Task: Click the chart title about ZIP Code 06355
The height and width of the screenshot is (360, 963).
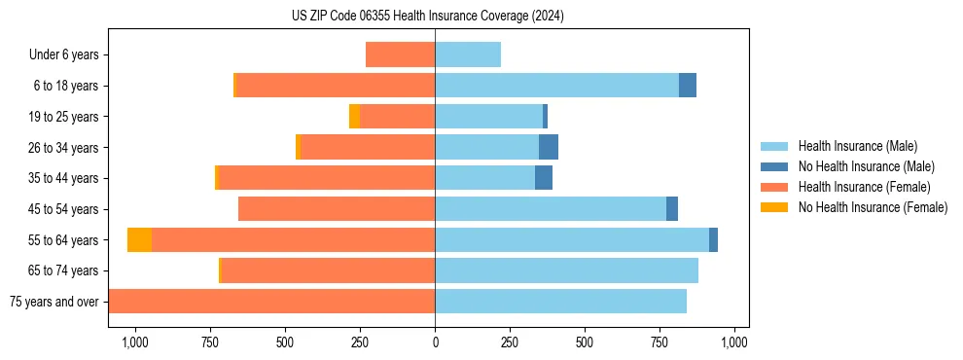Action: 427,17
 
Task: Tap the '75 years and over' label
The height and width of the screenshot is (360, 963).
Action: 53,302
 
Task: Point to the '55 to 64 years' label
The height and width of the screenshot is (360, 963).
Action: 64,240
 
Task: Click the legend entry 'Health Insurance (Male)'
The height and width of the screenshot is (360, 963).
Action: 857,146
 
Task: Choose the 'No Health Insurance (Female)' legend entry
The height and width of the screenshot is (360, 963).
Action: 873,207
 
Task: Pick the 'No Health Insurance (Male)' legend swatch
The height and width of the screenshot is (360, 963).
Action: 774,166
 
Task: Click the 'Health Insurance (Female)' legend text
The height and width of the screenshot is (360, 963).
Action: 864,187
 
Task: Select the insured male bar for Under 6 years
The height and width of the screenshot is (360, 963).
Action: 468,54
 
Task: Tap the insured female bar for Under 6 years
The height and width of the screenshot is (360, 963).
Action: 400,54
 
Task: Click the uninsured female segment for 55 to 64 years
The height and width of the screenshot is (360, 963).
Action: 139,239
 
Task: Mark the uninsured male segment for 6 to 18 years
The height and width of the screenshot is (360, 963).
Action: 688,86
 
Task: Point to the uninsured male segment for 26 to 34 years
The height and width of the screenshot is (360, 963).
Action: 549,147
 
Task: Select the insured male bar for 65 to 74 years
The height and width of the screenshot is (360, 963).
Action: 566,270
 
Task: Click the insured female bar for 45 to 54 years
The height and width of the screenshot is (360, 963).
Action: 337,209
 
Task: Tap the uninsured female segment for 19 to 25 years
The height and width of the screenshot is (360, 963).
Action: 354,117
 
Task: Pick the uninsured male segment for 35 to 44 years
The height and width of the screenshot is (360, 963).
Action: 544,178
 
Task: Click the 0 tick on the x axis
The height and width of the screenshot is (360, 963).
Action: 435,342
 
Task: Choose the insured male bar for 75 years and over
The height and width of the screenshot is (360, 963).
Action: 560,302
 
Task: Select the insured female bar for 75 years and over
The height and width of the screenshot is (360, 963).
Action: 271,302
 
